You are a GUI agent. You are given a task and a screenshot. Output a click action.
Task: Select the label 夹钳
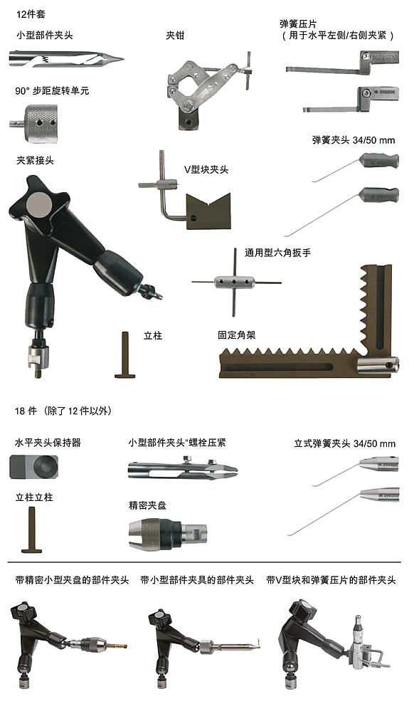(175, 35)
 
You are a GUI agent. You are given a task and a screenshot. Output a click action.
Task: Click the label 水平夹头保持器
(48, 443)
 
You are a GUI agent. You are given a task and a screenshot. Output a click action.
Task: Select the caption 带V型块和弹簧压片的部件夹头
(331, 580)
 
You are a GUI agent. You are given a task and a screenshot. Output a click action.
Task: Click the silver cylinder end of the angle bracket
(376, 367)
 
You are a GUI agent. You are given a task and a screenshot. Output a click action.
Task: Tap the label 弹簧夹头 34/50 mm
(353, 139)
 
